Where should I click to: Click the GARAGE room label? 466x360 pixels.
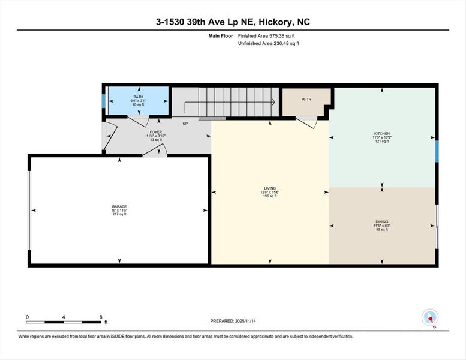pyautogui.click(x=119, y=206)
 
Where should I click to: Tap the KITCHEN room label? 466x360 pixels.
pyautogui.click(x=382, y=134)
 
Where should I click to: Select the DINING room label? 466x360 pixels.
pyautogui.click(x=382, y=222)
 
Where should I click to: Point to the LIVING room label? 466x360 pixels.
pyautogui.click(x=270, y=188)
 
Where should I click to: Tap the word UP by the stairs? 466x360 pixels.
pyautogui.click(x=185, y=124)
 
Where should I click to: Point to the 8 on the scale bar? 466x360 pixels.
pyautogui.click(x=100, y=316)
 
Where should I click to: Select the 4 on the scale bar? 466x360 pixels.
pyautogui.click(x=64, y=316)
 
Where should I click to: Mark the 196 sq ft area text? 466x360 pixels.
pyautogui.click(x=270, y=196)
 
